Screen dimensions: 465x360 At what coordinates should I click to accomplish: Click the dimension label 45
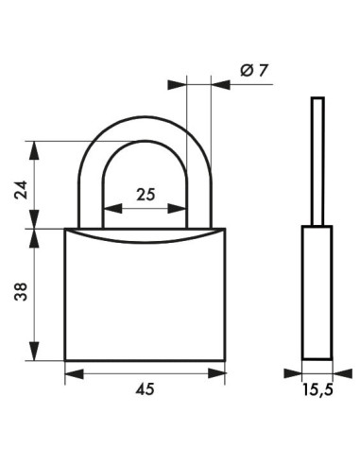(x=145, y=389)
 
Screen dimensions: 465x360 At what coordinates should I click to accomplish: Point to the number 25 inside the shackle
(x=145, y=195)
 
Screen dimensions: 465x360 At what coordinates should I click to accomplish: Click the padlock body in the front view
(x=145, y=301)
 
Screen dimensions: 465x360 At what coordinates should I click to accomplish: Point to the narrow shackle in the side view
(x=317, y=161)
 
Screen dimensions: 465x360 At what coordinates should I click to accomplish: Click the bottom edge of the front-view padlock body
(x=145, y=360)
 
